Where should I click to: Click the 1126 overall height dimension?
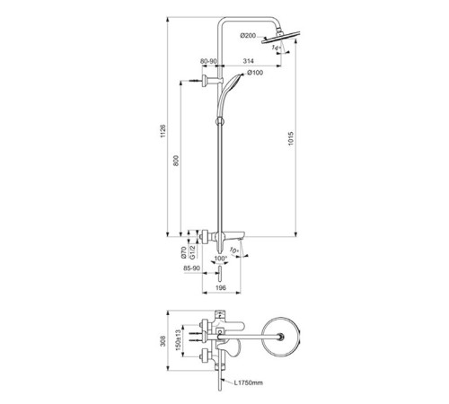[163, 131]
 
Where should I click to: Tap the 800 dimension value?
[176, 161]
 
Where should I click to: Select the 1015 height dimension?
[291, 139]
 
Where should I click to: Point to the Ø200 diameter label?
[248, 36]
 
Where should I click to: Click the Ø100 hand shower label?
[255, 73]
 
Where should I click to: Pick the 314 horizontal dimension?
[248, 61]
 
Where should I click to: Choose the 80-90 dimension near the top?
[208, 61]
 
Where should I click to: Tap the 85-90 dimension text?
[191, 268]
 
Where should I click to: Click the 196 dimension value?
[221, 288]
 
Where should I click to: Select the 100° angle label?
[221, 258]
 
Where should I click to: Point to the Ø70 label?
[184, 252]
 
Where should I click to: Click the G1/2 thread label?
[193, 252]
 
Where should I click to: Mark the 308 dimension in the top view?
[163, 341]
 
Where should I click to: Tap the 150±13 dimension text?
[179, 340]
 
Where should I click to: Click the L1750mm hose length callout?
[249, 382]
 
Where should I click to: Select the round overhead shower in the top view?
[281, 336]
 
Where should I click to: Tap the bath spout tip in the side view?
[242, 239]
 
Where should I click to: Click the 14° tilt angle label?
[276, 48]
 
